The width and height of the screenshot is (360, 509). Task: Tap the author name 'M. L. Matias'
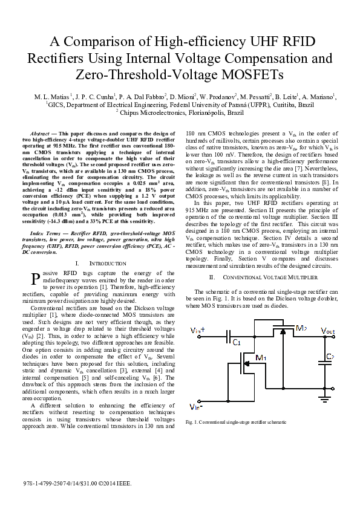53,96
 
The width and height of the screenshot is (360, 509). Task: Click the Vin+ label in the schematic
198,330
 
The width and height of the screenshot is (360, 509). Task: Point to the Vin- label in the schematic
196,405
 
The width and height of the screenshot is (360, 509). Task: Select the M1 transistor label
261,358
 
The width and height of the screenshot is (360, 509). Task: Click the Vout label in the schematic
327,331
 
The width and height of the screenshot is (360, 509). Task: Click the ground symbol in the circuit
324,400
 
